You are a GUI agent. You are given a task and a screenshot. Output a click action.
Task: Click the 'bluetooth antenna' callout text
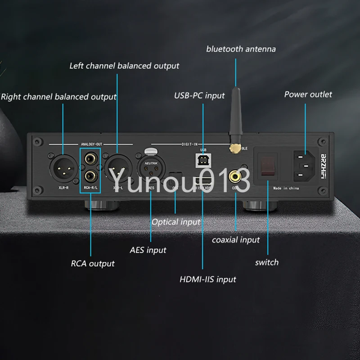pos(241,49)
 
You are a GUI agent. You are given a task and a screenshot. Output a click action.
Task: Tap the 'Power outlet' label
pos(308,94)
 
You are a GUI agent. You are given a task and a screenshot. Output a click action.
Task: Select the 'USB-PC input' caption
pos(199,95)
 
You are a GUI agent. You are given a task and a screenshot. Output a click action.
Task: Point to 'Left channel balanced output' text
pos(124,66)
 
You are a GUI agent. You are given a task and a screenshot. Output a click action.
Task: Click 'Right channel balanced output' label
pos(58,96)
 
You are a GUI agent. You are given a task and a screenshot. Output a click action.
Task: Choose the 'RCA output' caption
pos(93,263)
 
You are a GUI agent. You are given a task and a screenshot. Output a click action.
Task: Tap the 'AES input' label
pos(148,250)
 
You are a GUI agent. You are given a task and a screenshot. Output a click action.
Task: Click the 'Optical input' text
pos(175,222)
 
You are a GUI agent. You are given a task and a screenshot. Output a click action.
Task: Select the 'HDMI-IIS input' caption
pos(208,279)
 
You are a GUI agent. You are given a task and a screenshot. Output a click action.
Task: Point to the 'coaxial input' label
pos(236,240)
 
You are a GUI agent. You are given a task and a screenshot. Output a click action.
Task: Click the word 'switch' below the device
pos(267,262)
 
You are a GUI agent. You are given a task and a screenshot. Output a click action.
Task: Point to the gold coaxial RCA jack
pos(235,174)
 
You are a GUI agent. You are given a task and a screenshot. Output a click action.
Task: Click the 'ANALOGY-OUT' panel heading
pos(91,144)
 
